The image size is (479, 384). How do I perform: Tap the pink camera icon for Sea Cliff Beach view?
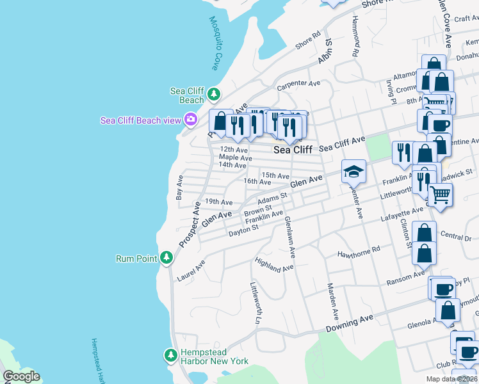pos(190,120)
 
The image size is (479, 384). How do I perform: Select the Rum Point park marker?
pos(166,258)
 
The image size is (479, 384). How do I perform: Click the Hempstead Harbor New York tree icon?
pos(170,355)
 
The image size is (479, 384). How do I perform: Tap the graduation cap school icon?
pos(353,172)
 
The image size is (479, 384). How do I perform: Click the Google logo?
pos(21,376)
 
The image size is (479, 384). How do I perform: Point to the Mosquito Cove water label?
pos(215,43)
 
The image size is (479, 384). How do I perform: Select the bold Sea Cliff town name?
pos(293,150)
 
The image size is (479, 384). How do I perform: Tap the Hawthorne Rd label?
pos(359,251)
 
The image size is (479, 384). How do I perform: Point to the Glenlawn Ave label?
pos(289,237)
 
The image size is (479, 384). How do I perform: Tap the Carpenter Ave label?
pos(298,83)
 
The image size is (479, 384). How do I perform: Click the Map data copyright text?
pos(450,379)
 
